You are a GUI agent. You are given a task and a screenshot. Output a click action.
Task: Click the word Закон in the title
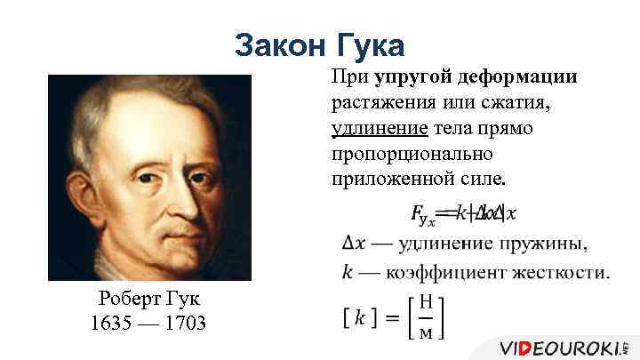277,44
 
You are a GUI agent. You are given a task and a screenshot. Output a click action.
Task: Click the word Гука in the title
366,44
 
